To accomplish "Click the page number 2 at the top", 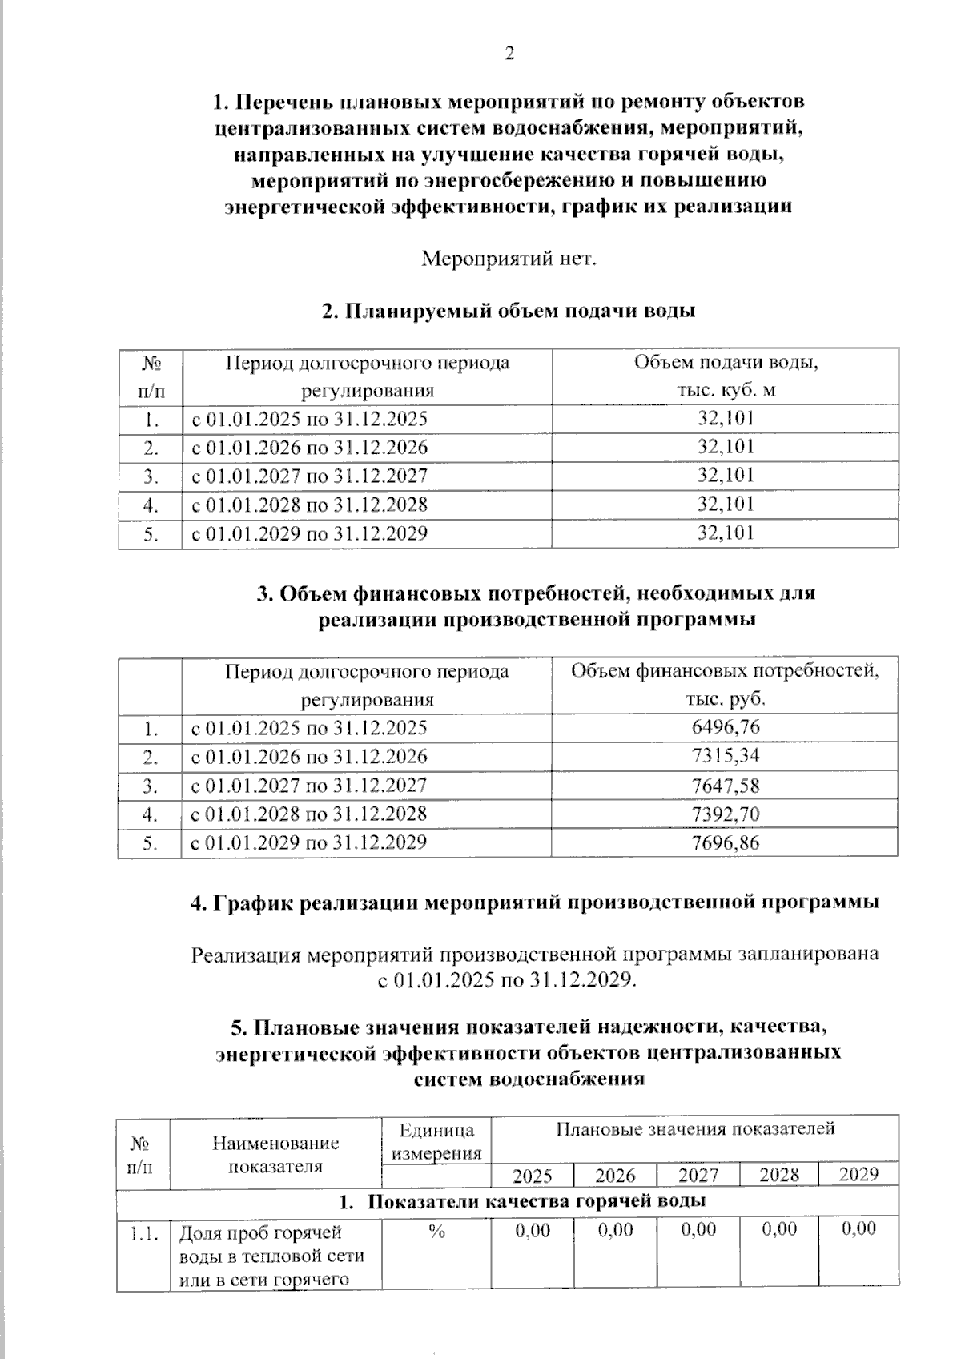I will click(x=509, y=54).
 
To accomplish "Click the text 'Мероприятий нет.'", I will click(x=509, y=259).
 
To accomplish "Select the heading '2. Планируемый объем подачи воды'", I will click(x=509, y=311).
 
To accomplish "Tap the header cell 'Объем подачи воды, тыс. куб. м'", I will click(x=726, y=376).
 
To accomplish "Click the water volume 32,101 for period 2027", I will click(x=726, y=476).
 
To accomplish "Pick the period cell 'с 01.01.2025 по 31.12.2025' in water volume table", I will click(x=309, y=419).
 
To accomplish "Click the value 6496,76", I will click(x=726, y=727).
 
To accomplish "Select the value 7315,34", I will click(x=726, y=756).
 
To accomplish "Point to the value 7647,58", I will click(x=726, y=785).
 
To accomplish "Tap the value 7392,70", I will click(x=726, y=814).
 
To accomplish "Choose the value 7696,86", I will click(x=726, y=842).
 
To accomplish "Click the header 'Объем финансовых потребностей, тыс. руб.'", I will click(x=726, y=685).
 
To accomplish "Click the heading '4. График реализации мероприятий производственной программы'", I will click(x=535, y=903).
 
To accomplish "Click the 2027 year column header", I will click(x=698, y=1175).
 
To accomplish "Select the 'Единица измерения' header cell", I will click(x=436, y=1141).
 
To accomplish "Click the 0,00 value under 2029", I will click(x=858, y=1229).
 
